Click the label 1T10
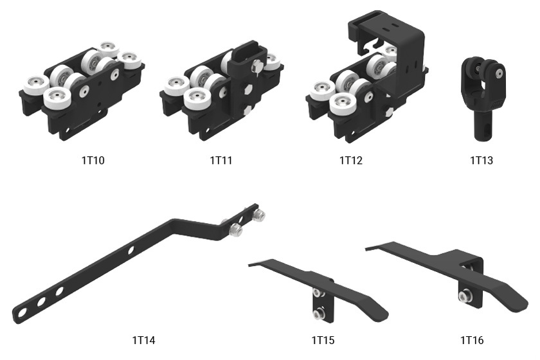(93, 161)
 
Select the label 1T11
(221, 161)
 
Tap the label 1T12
(351, 161)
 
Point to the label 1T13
(482, 161)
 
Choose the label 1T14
(143, 340)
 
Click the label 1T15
(323, 340)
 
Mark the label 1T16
(472, 340)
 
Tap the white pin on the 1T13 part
(499, 73)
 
